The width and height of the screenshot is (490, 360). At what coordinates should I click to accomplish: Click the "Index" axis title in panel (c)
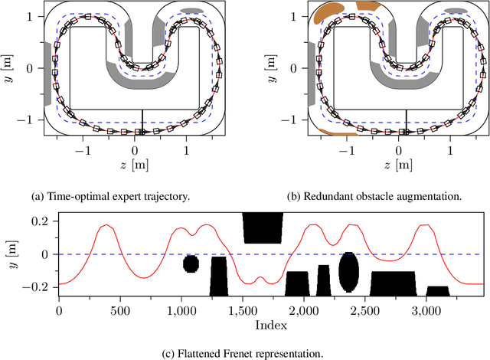click(272, 326)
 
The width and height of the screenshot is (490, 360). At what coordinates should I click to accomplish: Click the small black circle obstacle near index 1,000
click(191, 264)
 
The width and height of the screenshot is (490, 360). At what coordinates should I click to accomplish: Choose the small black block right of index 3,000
click(438, 290)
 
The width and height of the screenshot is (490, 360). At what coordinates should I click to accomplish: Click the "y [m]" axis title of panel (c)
click(11, 254)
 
